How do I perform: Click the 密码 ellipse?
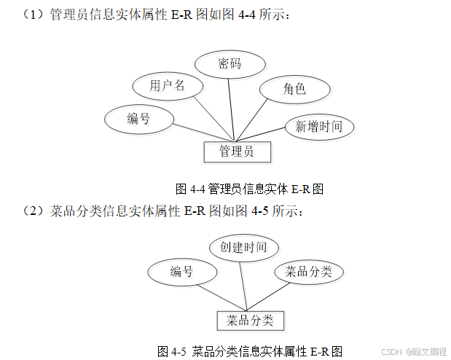pos(230,63)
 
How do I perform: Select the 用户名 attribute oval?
pos(167,86)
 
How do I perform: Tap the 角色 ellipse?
pos(294,90)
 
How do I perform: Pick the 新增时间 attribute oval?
pos(318,127)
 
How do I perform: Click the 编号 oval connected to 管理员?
pos(138,118)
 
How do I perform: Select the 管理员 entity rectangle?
pos(236,152)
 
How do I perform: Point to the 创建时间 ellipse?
pos(243,247)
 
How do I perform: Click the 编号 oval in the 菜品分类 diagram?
pos(181,272)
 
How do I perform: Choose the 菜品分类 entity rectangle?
pos(250,321)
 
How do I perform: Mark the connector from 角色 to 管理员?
pos(262,118)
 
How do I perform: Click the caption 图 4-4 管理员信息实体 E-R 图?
pos(250,189)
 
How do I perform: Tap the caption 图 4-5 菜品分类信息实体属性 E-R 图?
pos(250,351)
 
